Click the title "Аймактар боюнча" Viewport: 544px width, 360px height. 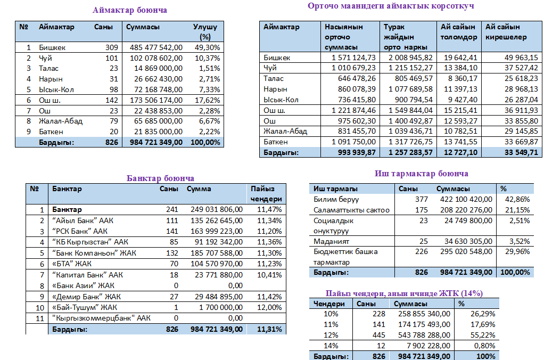click(x=129, y=10)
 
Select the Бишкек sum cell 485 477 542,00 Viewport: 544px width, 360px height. click(x=156, y=47)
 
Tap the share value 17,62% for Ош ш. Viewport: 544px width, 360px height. click(x=208, y=100)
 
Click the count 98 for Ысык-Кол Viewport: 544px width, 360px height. click(x=111, y=89)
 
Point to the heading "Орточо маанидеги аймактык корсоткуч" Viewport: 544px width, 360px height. click(x=391, y=6)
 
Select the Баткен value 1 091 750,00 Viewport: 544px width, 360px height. click(x=353, y=142)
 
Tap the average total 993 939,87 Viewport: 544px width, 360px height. click(x=353, y=152)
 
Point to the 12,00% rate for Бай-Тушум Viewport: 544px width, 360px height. click(x=268, y=307)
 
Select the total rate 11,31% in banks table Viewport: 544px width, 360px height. click(x=268, y=329)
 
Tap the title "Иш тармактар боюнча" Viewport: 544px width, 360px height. click(x=421, y=174)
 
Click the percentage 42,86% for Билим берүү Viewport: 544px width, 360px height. click(x=516, y=199)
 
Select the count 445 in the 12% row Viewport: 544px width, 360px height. click(x=378, y=335)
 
